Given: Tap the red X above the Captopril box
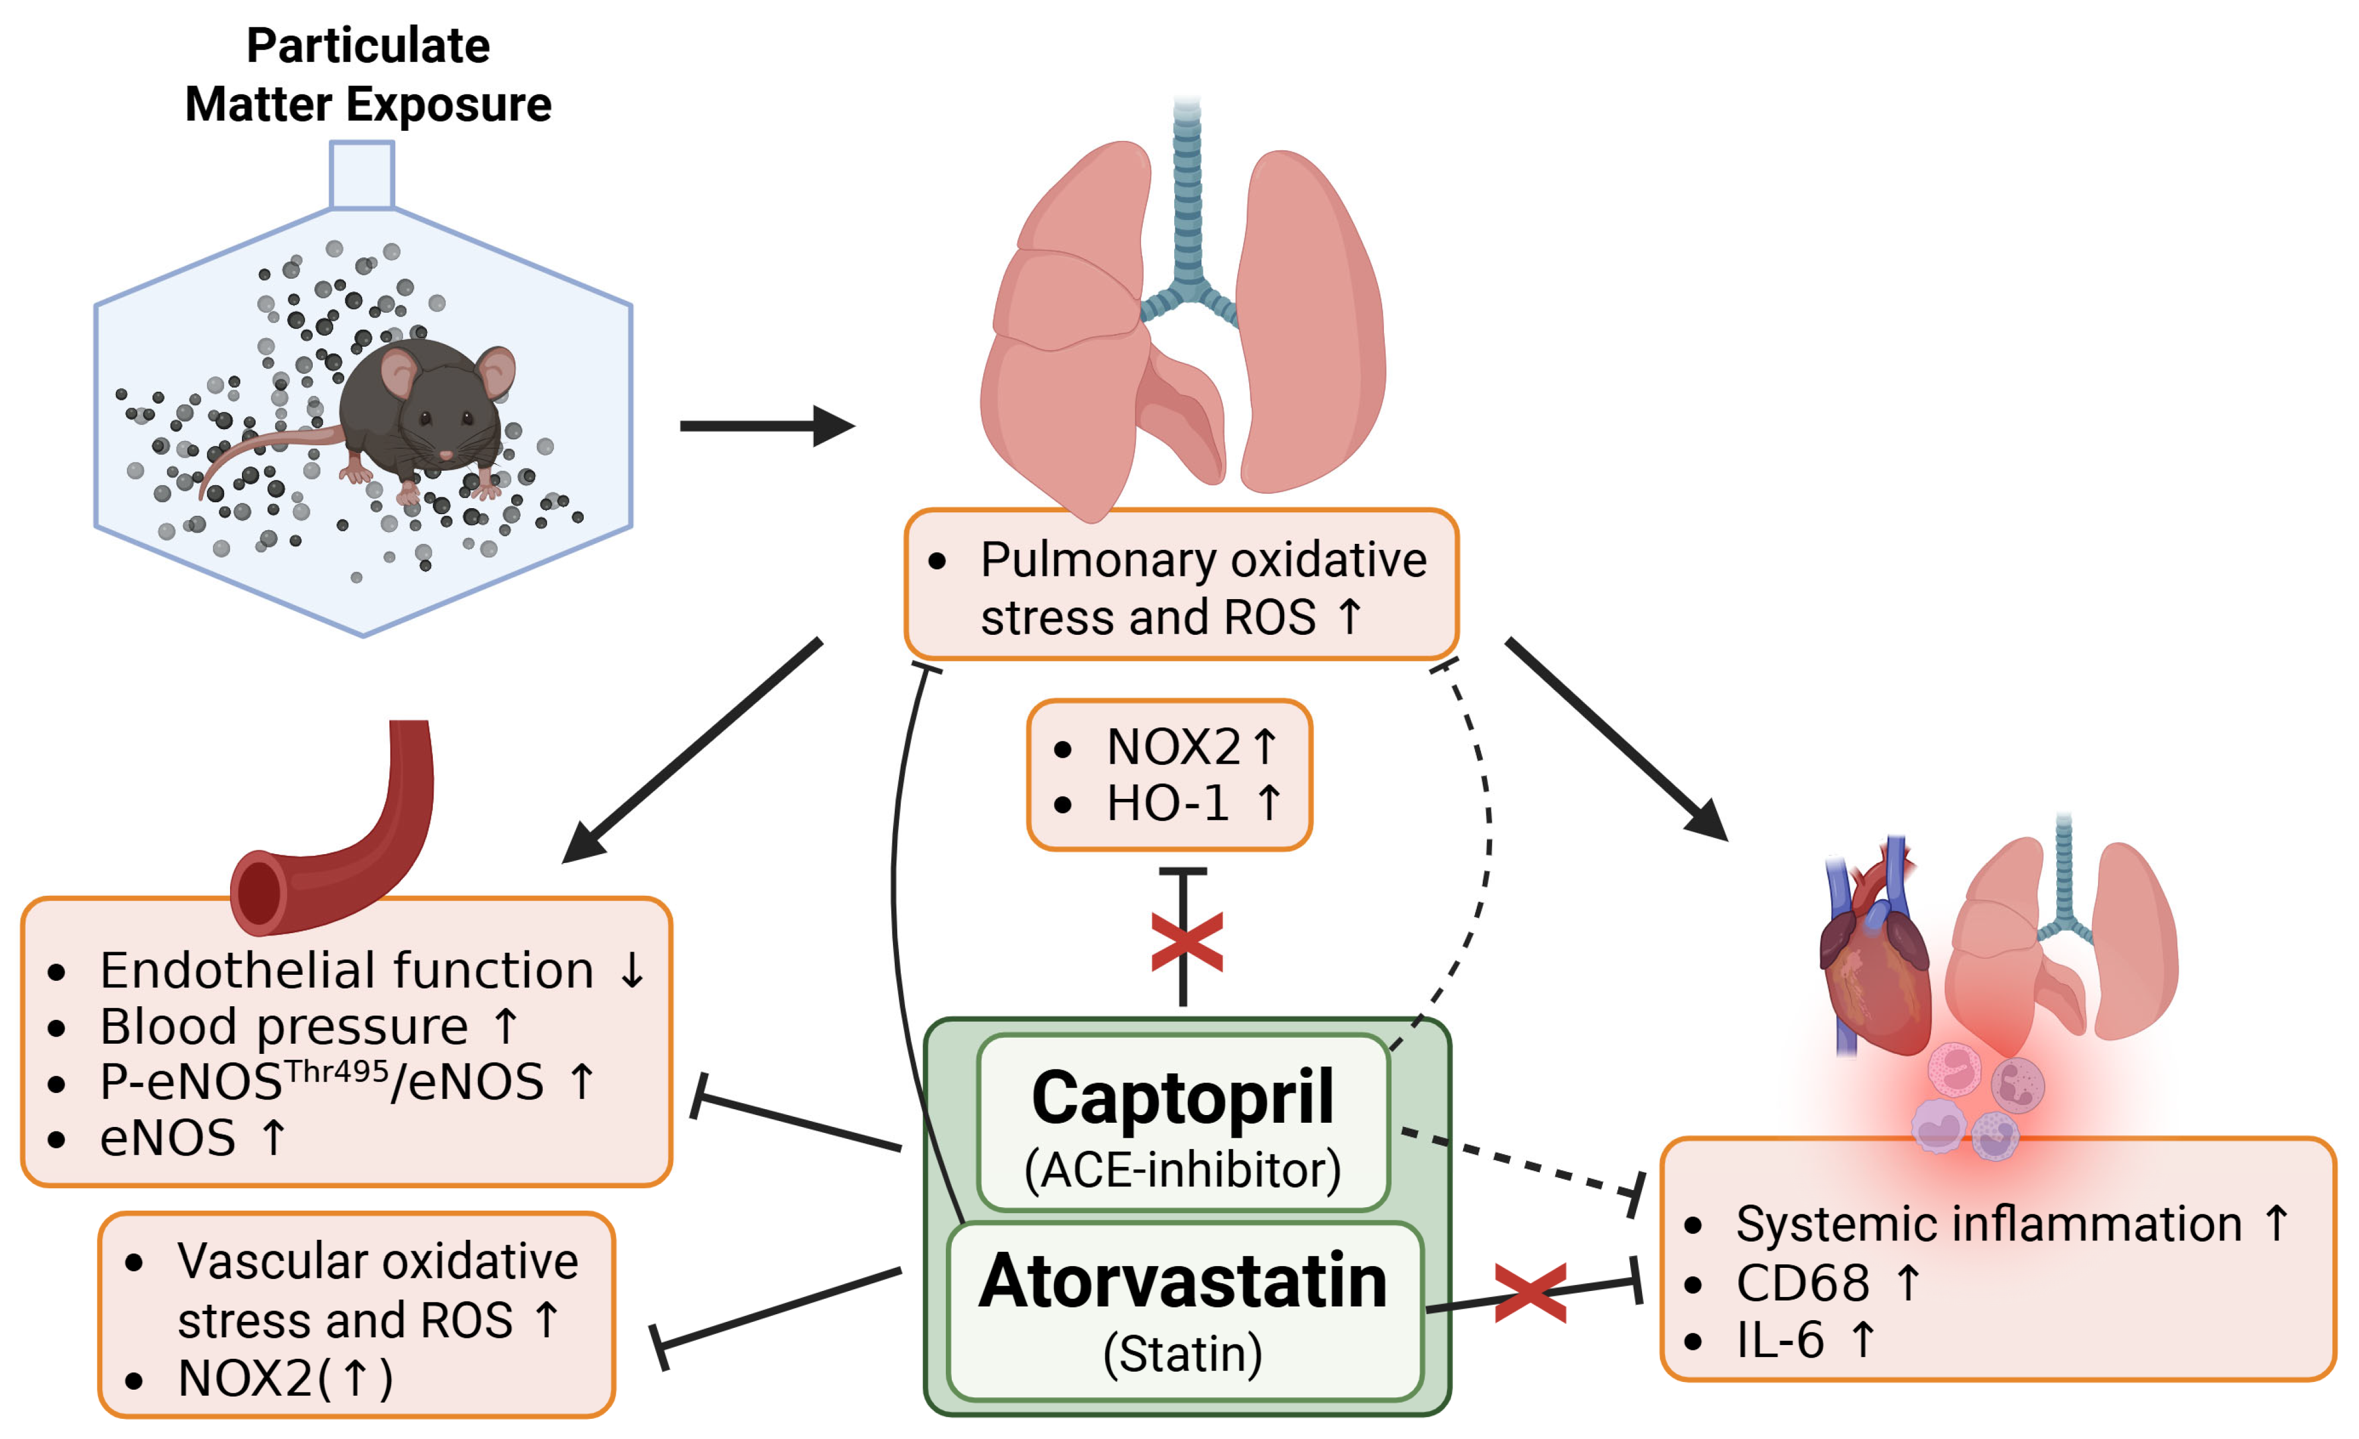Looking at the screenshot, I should [x=1186, y=942].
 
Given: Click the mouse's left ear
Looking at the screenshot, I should [x=400, y=373].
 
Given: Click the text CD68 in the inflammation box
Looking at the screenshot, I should [x=1802, y=1283].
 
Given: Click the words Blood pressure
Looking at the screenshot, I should [x=284, y=1026].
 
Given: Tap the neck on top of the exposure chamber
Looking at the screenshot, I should [x=362, y=174].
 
